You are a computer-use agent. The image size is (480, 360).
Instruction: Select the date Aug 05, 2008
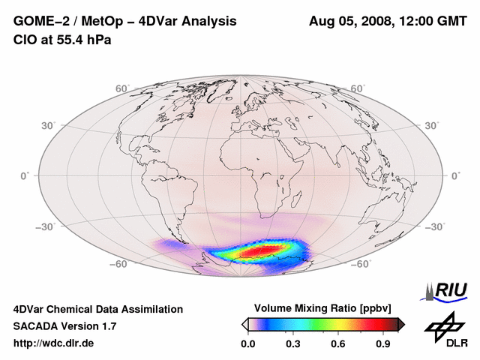pyautogui.click(x=350, y=22)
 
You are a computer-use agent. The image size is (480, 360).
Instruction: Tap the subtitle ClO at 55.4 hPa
pyautogui.click(x=62, y=40)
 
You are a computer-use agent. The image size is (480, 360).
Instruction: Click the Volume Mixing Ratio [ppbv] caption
pyautogui.click(x=322, y=308)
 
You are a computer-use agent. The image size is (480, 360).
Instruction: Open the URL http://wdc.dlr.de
pyautogui.click(x=54, y=343)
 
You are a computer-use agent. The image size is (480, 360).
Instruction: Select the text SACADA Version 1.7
pyautogui.click(x=64, y=326)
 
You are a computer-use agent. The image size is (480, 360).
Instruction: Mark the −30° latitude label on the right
pyautogui.click(x=436, y=226)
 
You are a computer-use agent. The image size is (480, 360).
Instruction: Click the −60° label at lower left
pyautogui.click(x=118, y=264)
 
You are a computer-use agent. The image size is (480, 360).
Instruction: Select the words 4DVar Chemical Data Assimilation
pyautogui.click(x=98, y=309)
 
